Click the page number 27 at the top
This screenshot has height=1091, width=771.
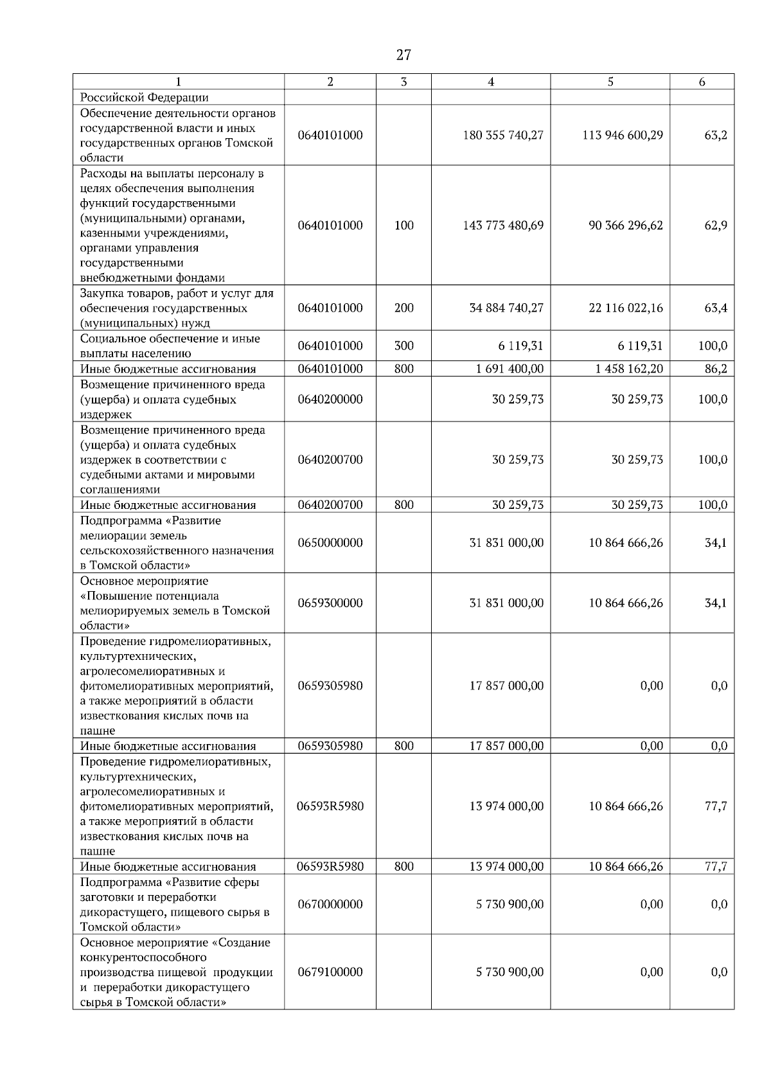click(x=403, y=55)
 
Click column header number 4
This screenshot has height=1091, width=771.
click(x=491, y=82)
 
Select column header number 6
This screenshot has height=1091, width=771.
click(x=702, y=82)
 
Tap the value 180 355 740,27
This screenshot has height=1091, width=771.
click(x=503, y=135)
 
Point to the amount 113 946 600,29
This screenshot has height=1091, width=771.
click(x=623, y=135)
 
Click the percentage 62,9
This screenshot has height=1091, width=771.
click(x=715, y=226)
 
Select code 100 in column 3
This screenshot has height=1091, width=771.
click(x=403, y=226)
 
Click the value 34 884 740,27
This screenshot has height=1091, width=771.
click(x=506, y=308)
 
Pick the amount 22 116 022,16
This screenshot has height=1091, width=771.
click(x=625, y=308)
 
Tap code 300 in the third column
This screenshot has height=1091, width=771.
click(x=403, y=346)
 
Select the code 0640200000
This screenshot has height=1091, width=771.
click(x=330, y=399)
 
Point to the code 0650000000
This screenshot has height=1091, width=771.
click(x=330, y=543)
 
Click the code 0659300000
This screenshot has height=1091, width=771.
click(x=330, y=603)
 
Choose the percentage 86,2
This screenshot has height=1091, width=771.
click(x=715, y=369)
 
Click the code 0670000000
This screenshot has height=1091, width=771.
click(x=330, y=905)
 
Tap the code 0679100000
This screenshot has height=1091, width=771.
click(x=330, y=972)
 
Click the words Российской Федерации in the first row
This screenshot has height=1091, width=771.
click(x=144, y=98)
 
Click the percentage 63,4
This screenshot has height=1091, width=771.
click(x=715, y=308)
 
